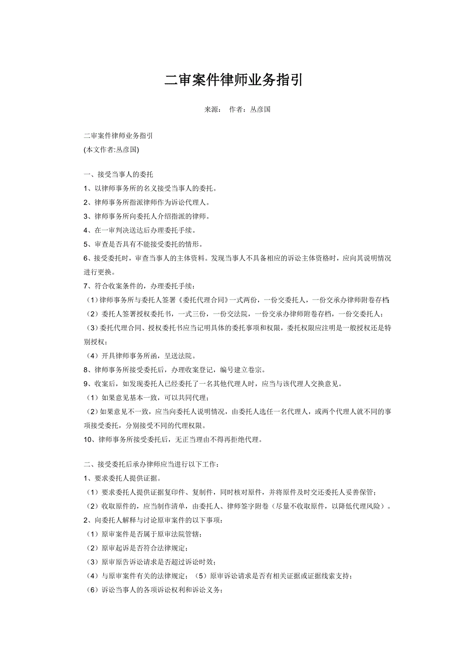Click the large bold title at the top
pyautogui.click(x=234, y=81)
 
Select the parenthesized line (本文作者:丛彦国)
pyautogui.click(x=111, y=149)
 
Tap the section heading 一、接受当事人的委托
pyautogui.click(x=118, y=175)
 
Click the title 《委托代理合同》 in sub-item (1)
pyautogui.click(x=204, y=300)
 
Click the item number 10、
pyautogui.click(x=90, y=440)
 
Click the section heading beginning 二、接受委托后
pyautogui.click(x=151, y=464)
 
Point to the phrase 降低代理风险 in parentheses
pyautogui.click(x=358, y=506)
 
